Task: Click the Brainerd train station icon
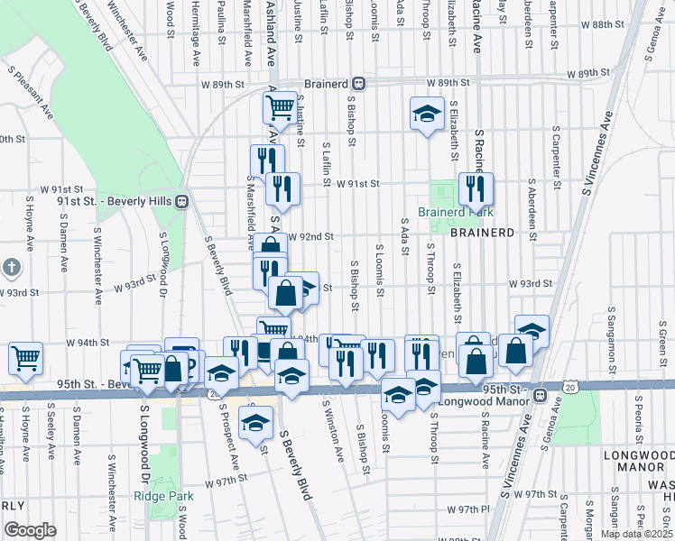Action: click(x=358, y=82)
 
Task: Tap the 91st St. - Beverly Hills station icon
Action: click(x=181, y=201)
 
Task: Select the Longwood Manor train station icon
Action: click(x=540, y=395)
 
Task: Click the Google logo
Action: click(x=30, y=530)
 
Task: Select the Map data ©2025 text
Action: click(x=635, y=535)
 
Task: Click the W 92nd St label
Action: click(x=311, y=236)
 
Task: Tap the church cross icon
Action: click(x=10, y=268)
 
